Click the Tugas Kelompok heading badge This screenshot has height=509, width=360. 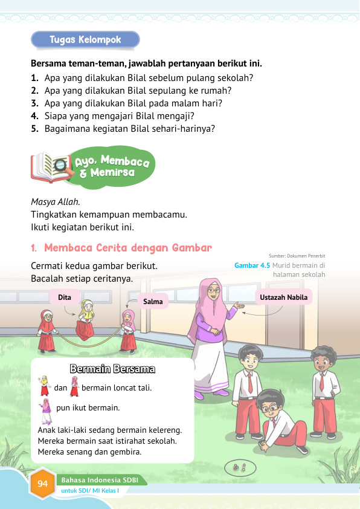85,40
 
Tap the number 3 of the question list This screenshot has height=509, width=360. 35,103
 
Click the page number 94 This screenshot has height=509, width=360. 42,483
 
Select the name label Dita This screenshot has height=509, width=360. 65,297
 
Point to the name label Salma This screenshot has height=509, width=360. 153,301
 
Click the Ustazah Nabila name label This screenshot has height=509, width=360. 284,297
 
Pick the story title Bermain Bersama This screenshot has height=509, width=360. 112,368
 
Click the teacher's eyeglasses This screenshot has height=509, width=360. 214,290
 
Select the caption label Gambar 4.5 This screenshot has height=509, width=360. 252,265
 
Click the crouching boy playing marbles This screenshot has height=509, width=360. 278,423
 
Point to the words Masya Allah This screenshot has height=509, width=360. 55,201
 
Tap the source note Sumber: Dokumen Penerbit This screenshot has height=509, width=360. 297,256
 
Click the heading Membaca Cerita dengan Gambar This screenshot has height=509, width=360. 127,248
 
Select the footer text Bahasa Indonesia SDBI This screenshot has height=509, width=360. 98,479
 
